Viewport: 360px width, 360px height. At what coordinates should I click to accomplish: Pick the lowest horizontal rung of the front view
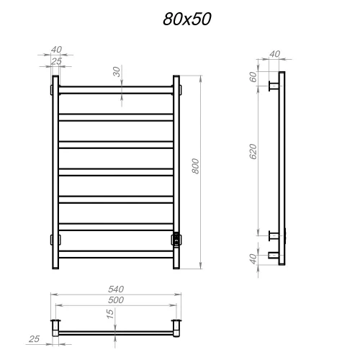tap(114, 253)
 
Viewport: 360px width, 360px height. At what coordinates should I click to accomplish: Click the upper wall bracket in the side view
tap(274, 88)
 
